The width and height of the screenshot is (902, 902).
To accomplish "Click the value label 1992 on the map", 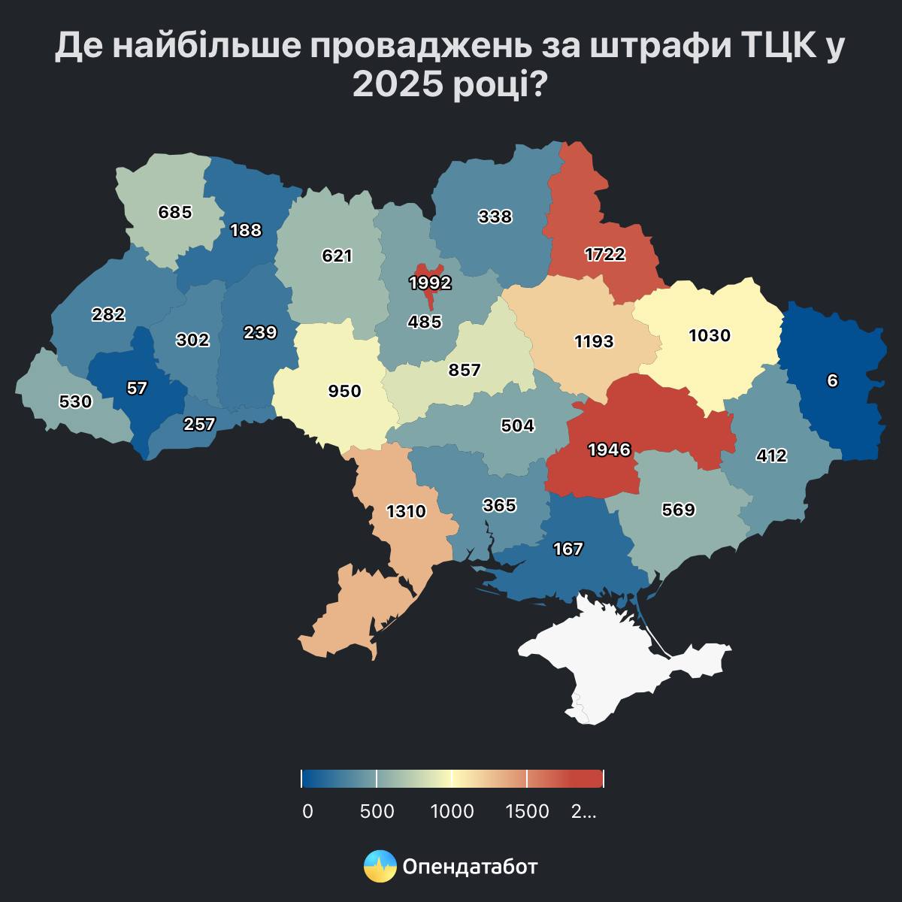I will (x=430, y=283).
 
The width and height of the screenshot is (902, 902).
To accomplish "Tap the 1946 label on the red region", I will (x=609, y=449).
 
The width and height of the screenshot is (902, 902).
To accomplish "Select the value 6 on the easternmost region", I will (x=832, y=381).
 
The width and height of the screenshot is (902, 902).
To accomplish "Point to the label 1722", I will (x=605, y=254).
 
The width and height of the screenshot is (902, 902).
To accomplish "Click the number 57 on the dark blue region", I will (x=138, y=389).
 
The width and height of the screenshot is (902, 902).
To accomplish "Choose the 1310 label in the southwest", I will (x=406, y=512).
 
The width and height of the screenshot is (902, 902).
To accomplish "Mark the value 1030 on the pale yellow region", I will (x=710, y=335).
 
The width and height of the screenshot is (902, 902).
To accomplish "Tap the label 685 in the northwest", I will (x=175, y=213).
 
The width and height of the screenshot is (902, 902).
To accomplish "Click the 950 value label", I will (x=345, y=392).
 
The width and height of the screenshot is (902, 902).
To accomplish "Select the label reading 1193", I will (x=594, y=341).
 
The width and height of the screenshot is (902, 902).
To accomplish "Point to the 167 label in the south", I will (x=568, y=549).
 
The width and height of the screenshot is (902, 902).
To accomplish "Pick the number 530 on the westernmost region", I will (x=75, y=402).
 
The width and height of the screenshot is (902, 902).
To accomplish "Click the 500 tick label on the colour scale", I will (x=377, y=812).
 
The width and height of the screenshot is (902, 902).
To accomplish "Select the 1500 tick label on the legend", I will (x=527, y=812).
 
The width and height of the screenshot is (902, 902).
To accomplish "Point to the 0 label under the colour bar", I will (x=307, y=812).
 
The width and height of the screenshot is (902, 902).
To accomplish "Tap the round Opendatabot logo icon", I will (x=380, y=867).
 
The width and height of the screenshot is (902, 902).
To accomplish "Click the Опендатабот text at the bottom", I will (x=471, y=867).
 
